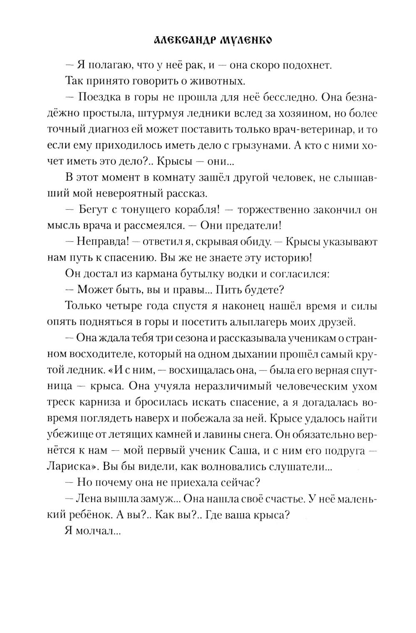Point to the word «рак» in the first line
tap(186, 65)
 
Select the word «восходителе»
tap(106, 354)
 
